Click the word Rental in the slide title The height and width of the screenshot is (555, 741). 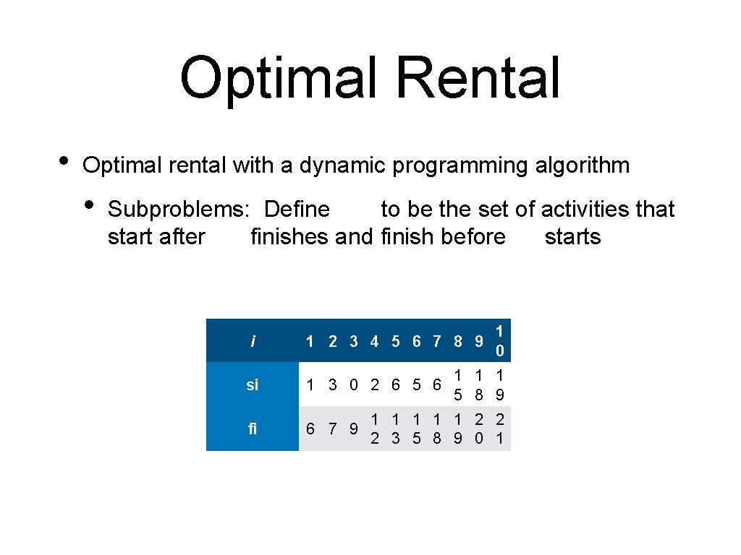[x=478, y=78]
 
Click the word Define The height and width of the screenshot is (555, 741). [x=297, y=210]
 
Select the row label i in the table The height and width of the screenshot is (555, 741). [x=252, y=341]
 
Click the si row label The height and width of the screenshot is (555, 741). [x=252, y=385]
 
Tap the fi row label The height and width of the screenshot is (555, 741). [x=252, y=429]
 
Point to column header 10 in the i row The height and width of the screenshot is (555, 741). [x=499, y=341]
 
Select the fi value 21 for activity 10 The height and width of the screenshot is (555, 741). [x=499, y=429]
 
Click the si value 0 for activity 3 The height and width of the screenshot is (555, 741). [x=353, y=385]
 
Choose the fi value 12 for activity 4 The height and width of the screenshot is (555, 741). [x=374, y=429]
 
